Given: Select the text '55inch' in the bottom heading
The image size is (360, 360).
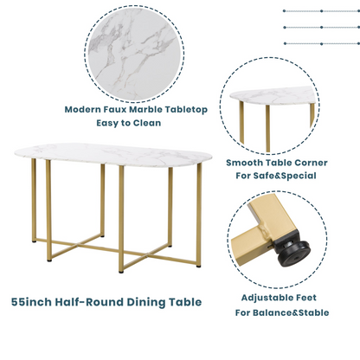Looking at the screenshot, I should coord(37,302).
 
